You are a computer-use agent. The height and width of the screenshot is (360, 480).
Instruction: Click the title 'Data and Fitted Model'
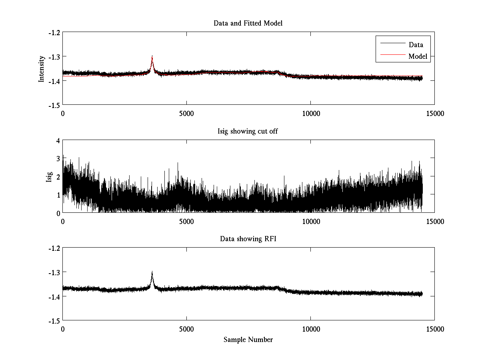click(x=248, y=23)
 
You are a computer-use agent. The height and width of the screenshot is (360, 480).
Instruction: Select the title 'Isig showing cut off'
click(x=248, y=131)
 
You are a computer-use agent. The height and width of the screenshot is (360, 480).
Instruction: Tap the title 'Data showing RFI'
click(x=248, y=239)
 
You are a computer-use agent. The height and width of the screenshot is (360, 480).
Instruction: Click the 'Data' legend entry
click(x=416, y=45)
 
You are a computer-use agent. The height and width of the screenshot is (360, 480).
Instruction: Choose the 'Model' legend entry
click(x=418, y=56)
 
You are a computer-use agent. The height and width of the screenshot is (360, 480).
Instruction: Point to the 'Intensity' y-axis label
click(x=42, y=69)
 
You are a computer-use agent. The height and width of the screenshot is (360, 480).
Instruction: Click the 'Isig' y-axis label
click(x=49, y=177)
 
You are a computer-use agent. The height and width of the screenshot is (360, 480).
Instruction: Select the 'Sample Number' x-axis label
click(x=248, y=340)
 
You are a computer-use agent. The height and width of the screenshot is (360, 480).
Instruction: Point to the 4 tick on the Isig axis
click(x=58, y=140)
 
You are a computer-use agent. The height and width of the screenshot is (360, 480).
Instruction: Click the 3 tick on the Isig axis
click(x=58, y=158)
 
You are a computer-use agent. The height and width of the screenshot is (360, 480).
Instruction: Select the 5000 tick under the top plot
click(x=187, y=114)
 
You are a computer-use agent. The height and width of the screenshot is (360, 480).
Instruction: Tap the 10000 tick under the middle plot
click(x=311, y=221)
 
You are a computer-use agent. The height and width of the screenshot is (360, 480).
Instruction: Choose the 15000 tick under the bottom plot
click(x=435, y=329)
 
